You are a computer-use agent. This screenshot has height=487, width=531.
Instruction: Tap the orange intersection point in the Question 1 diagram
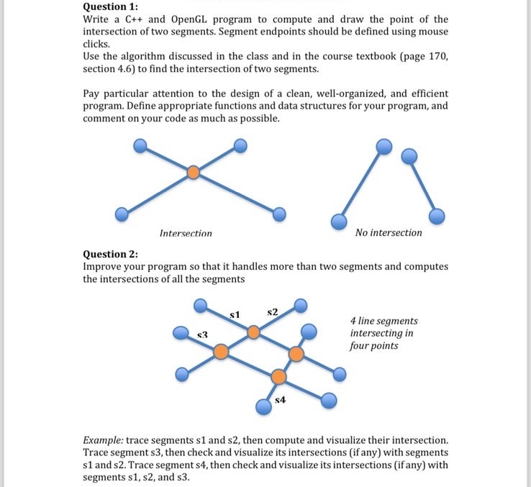point(193,173)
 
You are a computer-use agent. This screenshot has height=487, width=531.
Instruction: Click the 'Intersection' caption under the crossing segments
point(186,233)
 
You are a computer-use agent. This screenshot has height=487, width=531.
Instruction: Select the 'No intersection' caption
point(389,232)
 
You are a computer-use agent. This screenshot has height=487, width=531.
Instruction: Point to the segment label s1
point(234,314)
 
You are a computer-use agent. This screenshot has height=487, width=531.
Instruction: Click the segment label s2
point(272,311)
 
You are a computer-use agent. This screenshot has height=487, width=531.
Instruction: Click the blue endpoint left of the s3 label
point(181,332)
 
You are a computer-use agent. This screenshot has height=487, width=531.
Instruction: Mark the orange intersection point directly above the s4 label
point(278,376)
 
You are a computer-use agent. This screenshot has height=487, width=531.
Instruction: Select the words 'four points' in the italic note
point(373,345)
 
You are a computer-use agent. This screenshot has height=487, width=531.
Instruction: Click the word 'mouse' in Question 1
point(432,32)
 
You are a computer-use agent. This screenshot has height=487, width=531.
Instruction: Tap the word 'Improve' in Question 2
point(105,266)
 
